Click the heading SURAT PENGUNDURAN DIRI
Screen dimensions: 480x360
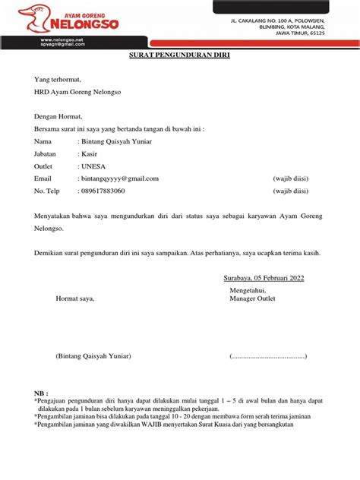click(179, 56)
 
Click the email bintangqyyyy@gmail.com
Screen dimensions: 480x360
click(119, 178)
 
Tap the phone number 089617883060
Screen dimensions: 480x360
click(103, 191)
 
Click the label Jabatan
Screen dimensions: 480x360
click(48, 154)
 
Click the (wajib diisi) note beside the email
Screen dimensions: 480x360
click(290, 178)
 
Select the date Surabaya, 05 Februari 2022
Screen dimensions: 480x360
click(264, 279)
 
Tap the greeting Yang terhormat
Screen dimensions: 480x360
click(57, 79)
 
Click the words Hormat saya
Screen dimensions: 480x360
click(76, 298)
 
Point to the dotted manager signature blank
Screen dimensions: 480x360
click(269, 356)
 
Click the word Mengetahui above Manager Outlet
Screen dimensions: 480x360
click(251, 290)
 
